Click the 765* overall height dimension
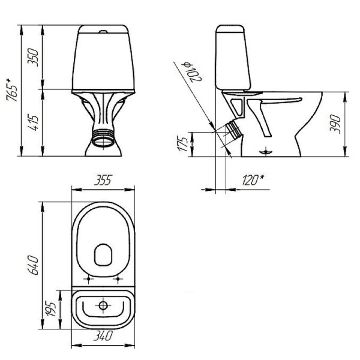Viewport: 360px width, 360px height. (x=11, y=90)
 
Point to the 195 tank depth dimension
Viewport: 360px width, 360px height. (x=52, y=308)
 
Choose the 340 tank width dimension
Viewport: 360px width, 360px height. (x=103, y=338)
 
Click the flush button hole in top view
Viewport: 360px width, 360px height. (x=103, y=306)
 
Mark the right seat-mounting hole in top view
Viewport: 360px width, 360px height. (x=119, y=278)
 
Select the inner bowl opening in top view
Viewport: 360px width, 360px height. (x=104, y=256)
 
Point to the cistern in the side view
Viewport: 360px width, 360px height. (x=232, y=57)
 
